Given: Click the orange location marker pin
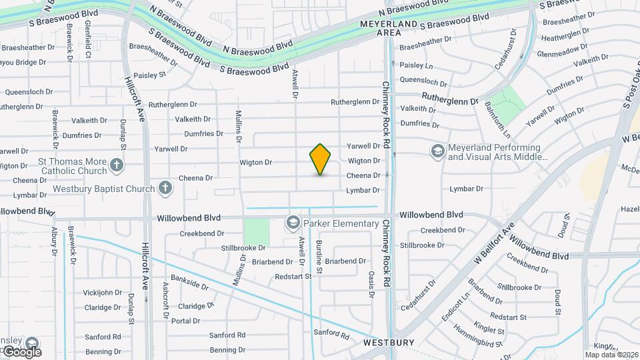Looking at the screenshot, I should (x=320, y=159).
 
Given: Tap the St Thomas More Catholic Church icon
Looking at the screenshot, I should (x=117, y=165).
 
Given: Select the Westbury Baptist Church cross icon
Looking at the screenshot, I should (x=165, y=188).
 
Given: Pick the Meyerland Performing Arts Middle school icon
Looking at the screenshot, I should (x=437, y=152).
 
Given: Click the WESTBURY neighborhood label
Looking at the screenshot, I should (x=389, y=342).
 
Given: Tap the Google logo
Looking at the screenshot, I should (x=21, y=351).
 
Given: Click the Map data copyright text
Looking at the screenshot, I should (x=612, y=354).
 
